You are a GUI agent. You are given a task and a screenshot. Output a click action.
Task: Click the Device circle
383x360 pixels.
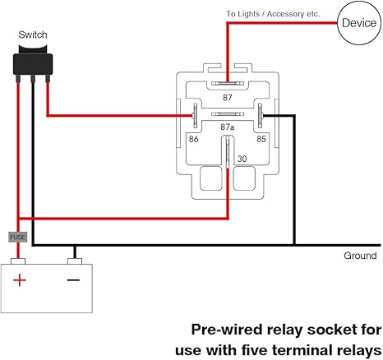tap(358, 23)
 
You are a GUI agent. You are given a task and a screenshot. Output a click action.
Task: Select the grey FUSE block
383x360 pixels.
tap(18, 237)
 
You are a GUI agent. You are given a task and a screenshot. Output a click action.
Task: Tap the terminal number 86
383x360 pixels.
tap(194, 139)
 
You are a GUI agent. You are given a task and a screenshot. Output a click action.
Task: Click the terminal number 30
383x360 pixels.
tap(241, 159)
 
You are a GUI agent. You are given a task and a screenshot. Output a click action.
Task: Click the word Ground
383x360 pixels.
tap(360, 256)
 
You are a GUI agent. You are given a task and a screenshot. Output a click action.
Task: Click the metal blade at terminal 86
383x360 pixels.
tap(194, 116)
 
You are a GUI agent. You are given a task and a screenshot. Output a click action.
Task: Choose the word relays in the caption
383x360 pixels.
tap(359, 349)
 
